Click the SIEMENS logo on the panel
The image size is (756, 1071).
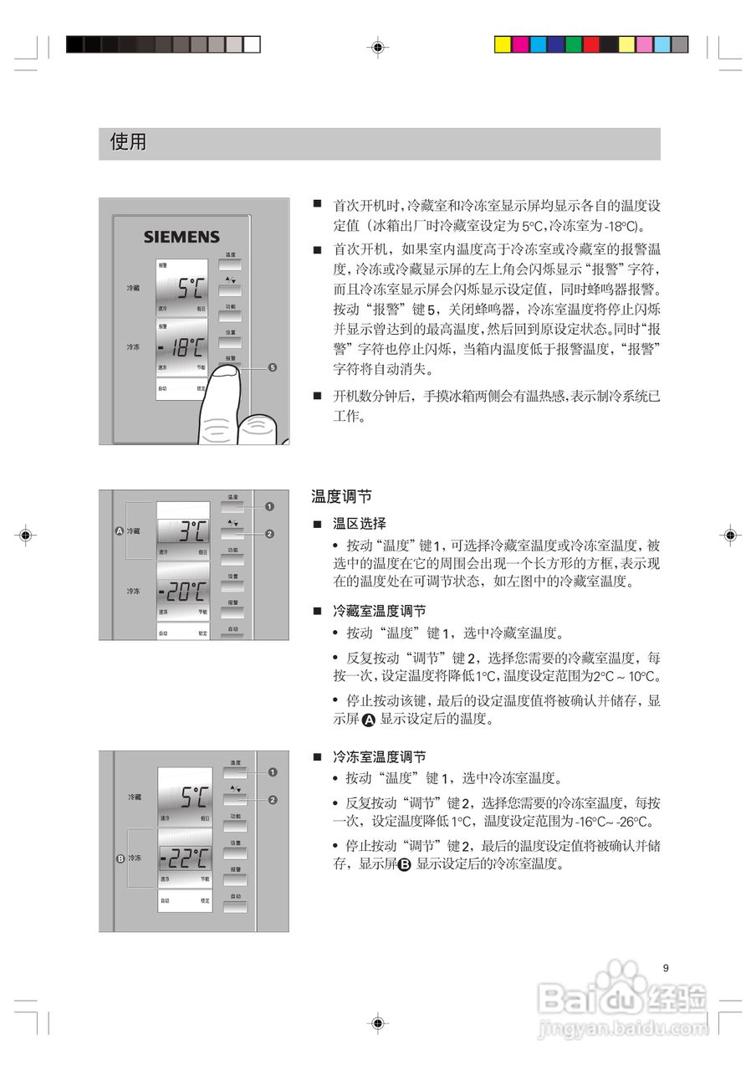point(181,237)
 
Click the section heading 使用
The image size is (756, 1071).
point(128,142)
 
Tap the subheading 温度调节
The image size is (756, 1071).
point(341,497)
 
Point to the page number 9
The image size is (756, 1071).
point(666,968)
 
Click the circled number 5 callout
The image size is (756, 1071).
point(273,367)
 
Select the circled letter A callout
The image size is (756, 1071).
point(119,530)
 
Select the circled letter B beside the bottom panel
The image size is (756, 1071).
point(120,858)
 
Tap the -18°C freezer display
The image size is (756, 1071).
point(182,346)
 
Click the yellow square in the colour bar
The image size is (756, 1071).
point(503,44)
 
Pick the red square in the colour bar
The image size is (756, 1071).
point(591,44)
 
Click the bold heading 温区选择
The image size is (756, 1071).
point(360,524)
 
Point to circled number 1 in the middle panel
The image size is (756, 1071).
point(269,507)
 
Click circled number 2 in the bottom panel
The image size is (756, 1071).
point(273,799)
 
